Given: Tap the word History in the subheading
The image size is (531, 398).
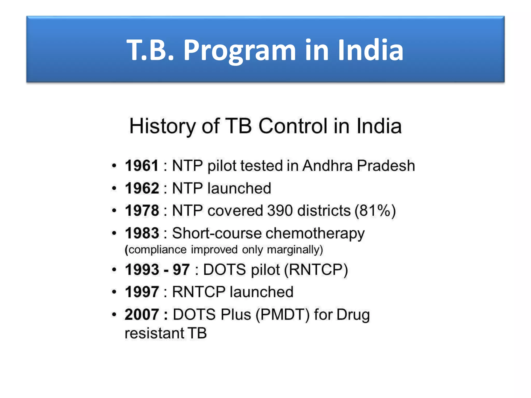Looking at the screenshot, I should (x=162, y=126).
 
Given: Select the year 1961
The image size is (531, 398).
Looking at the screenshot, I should (x=142, y=166).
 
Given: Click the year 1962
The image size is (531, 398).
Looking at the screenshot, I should (x=142, y=188).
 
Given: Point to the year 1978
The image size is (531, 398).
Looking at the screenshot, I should (x=142, y=210).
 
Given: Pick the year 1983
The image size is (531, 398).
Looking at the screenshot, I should (x=142, y=233).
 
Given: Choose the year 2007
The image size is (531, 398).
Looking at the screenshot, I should (x=142, y=314).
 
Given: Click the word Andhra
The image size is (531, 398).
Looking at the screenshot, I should (x=327, y=166).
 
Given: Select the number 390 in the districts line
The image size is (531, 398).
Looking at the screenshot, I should (x=280, y=210).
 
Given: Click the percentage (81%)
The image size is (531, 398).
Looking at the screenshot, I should (x=375, y=210).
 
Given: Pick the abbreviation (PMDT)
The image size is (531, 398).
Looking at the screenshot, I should (x=283, y=315).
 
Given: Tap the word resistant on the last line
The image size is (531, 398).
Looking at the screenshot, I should (x=154, y=333).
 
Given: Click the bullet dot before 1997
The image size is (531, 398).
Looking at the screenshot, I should (x=114, y=292).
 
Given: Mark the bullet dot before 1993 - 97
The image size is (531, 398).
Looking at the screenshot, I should (x=114, y=270).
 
